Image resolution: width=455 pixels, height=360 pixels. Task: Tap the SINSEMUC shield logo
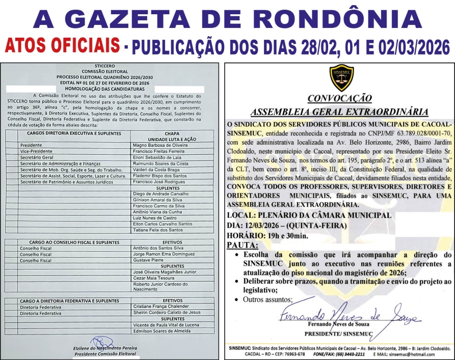(x=341, y=78)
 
